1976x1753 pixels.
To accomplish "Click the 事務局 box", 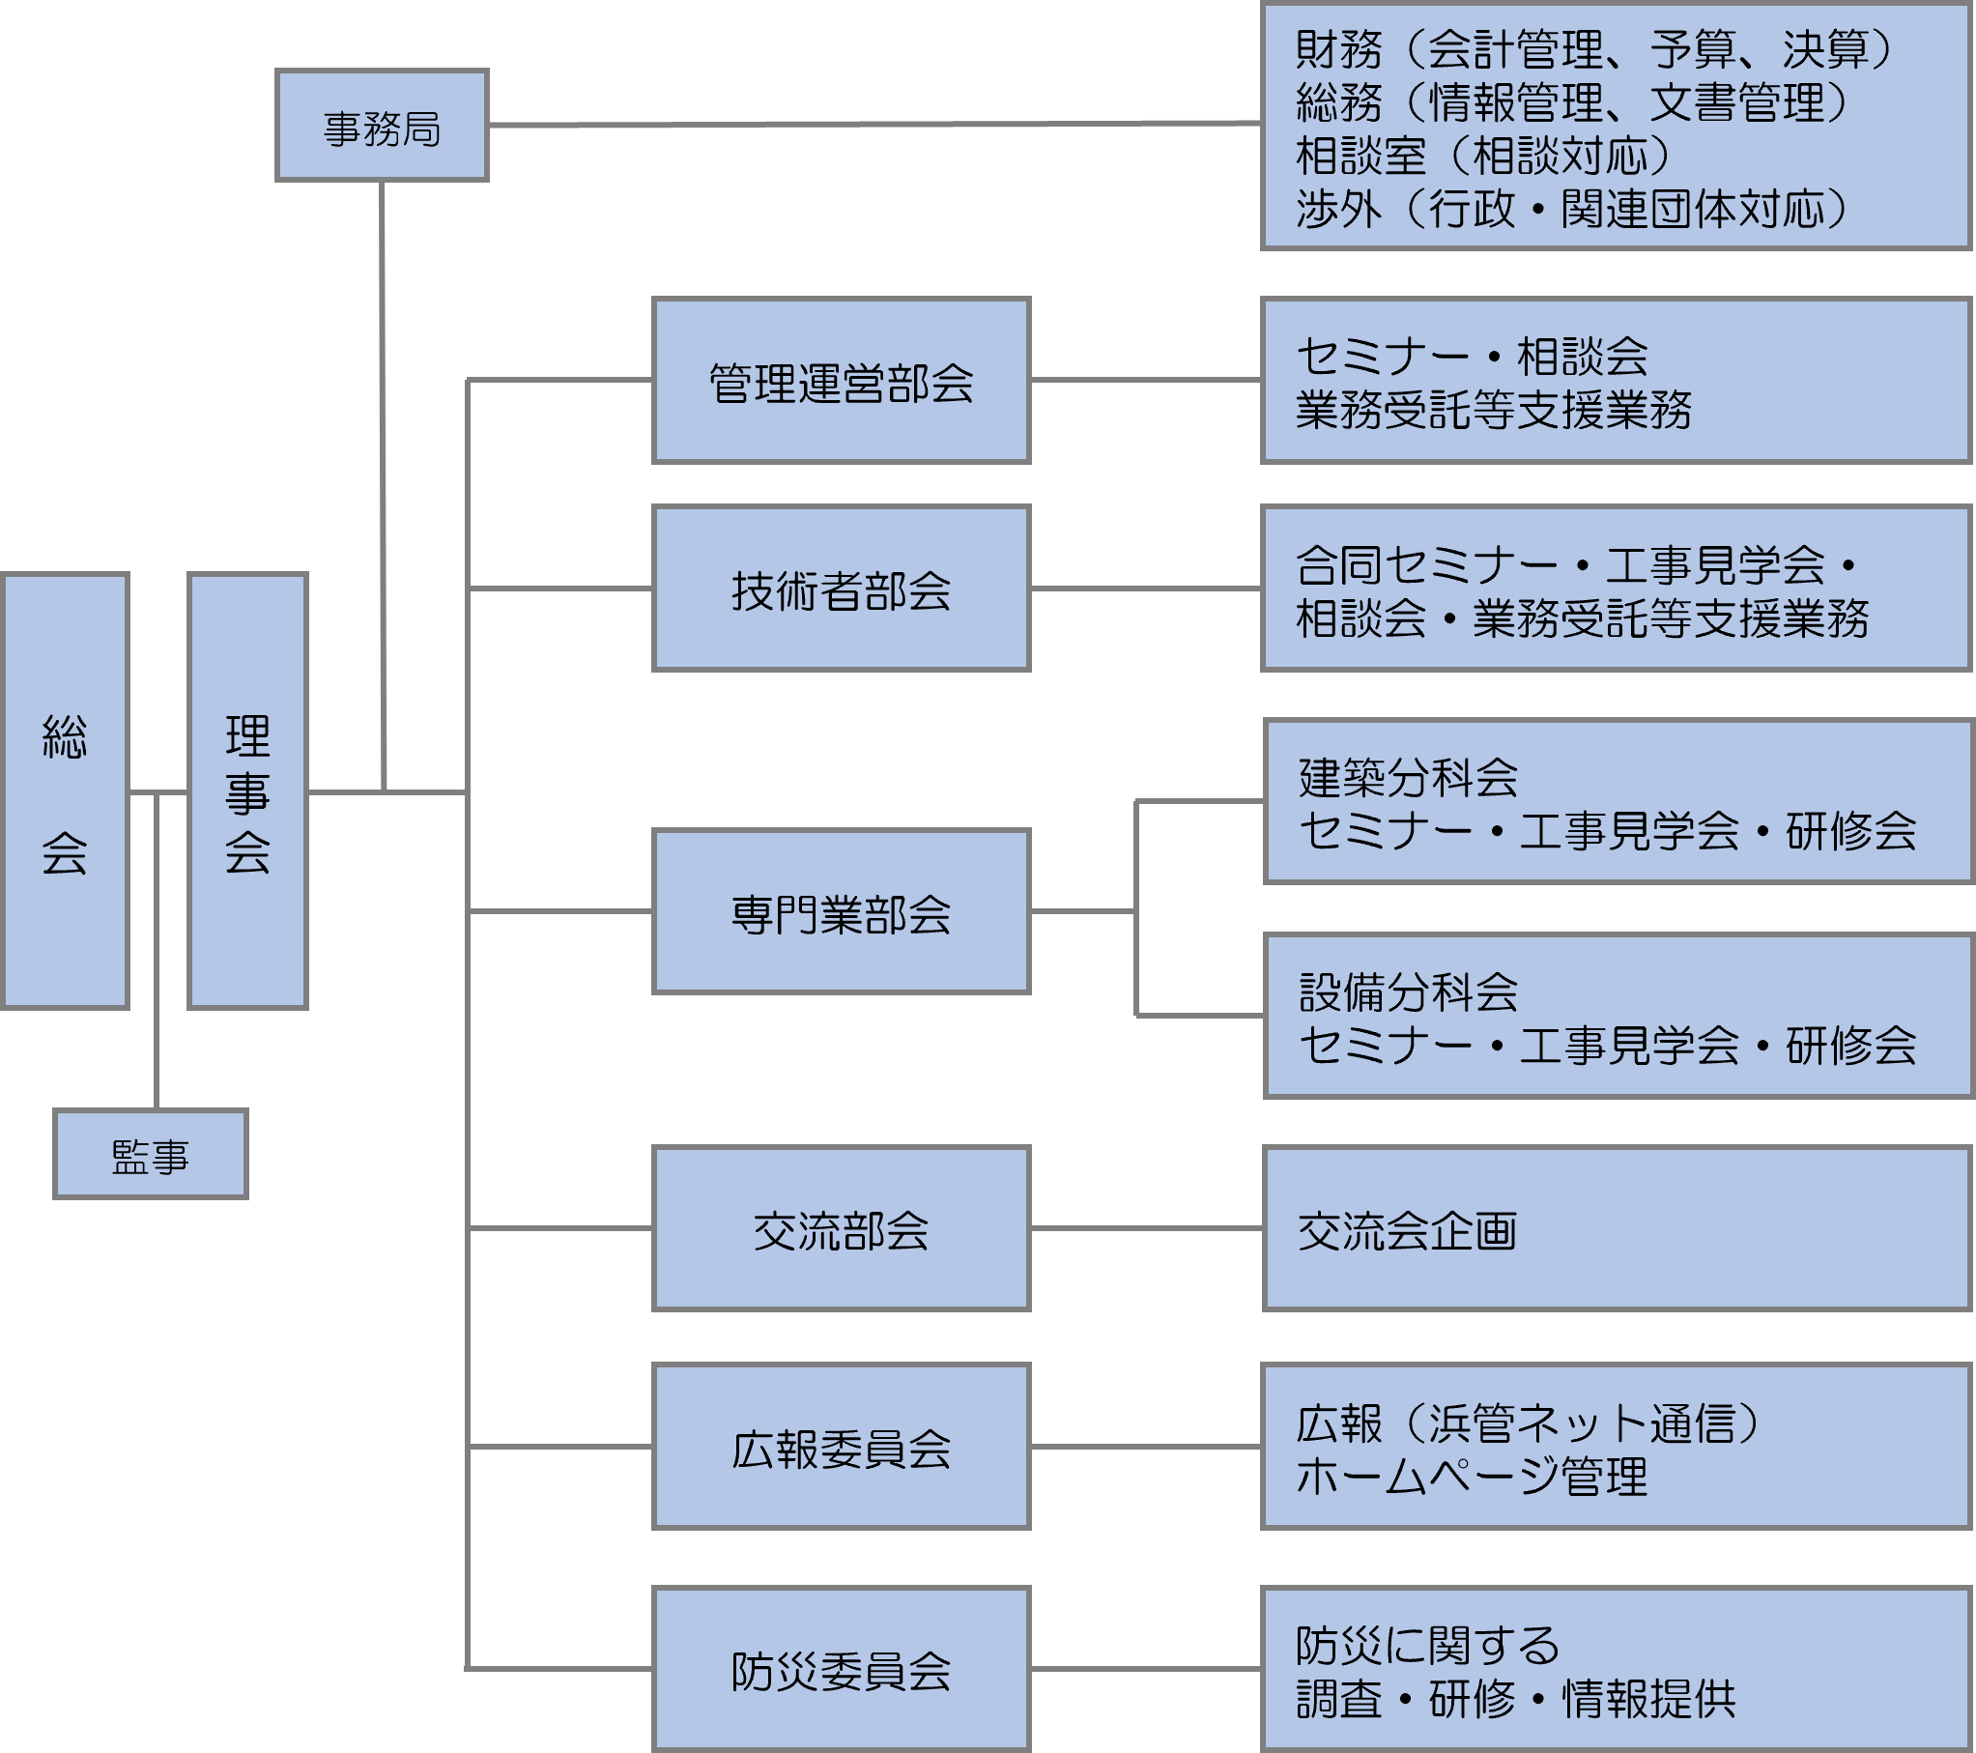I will tap(382, 126).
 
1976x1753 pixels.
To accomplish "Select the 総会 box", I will tap(66, 790).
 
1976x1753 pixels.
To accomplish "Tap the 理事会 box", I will tap(247, 790).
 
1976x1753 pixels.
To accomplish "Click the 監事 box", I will tap(151, 1155).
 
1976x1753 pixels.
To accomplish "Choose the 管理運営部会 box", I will tap(841, 381).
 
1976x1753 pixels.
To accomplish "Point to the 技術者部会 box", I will tap(841, 589).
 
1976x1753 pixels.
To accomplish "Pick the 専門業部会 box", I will tap(841, 912).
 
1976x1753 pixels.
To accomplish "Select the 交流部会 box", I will tap(841, 1229).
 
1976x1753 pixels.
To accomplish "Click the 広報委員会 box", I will tap(841, 1448).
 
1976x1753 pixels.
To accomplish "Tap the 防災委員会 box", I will tap(841, 1670).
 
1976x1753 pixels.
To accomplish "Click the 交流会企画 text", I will tap(1407, 1231).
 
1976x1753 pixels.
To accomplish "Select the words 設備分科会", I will tap(1408, 991).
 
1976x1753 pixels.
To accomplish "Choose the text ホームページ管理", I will tap(1472, 1477).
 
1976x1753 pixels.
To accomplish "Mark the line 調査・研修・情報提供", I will tap(1516, 1699).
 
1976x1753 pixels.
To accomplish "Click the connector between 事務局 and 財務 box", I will tap(870, 124).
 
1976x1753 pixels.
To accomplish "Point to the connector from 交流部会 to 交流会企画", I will tap(1147, 1229).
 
